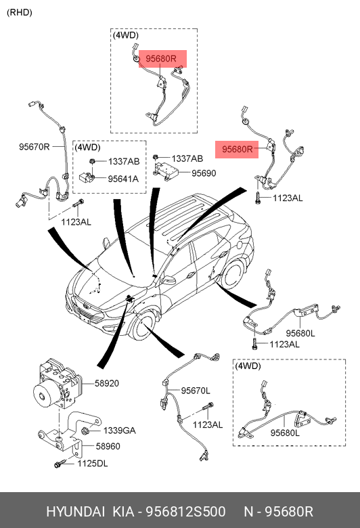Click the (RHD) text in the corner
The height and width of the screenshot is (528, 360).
(x=20, y=12)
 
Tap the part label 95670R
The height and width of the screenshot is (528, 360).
(x=34, y=147)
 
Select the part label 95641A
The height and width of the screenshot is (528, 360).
(x=123, y=179)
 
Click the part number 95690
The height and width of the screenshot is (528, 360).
(x=204, y=173)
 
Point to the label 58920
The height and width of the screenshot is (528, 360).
(x=107, y=383)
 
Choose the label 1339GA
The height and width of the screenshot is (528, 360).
(x=120, y=431)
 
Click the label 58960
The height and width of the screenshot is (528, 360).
(x=108, y=446)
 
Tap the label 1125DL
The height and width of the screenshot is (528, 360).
(x=93, y=464)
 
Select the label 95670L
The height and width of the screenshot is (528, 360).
(x=196, y=391)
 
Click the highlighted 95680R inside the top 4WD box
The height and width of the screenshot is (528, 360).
(x=161, y=59)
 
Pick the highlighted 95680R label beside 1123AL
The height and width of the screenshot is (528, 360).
(x=238, y=149)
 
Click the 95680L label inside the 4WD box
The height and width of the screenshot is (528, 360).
(x=285, y=433)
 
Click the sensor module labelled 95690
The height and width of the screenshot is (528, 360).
(x=165, y=171)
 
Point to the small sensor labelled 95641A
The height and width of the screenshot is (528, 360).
(x=87, y=177)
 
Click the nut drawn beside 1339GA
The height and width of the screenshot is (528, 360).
(x=85, y=431)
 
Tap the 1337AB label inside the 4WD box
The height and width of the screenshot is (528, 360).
(x=124, y=162)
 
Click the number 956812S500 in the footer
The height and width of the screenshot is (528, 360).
(x=185, y=512)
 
